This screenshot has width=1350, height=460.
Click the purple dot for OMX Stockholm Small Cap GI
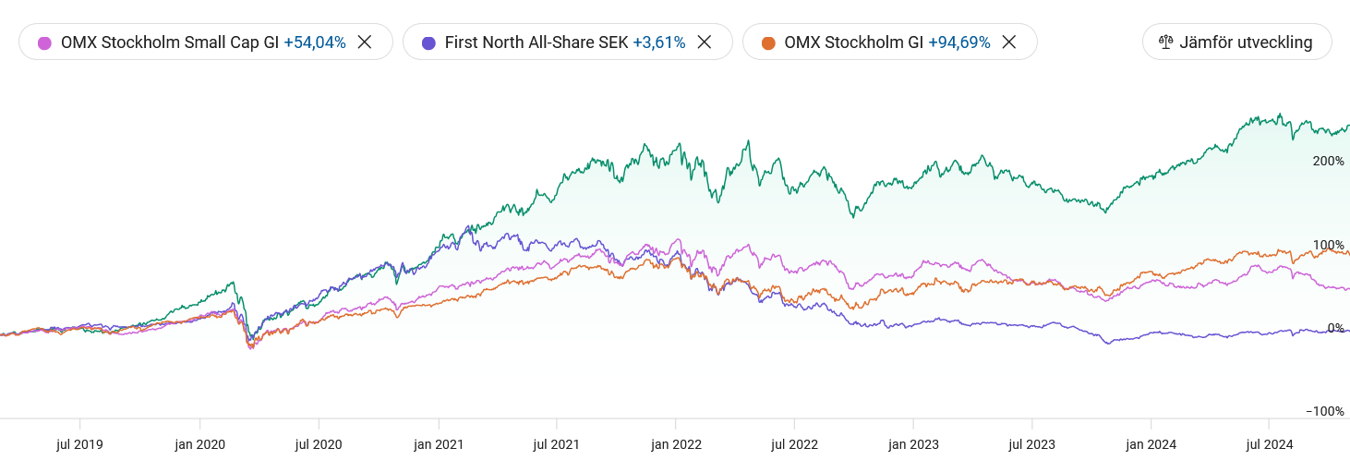coord(44,42)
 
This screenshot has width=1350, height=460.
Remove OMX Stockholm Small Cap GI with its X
coord(365,42)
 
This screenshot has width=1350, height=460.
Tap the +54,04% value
coord(315,42)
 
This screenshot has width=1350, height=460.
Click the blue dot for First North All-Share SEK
coord(428,42)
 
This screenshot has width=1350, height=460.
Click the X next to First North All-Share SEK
coord(705,42)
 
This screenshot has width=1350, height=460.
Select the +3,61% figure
coord(658,42)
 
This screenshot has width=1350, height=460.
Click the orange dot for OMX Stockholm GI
coord(768,42)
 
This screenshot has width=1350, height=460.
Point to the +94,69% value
coord(959,42)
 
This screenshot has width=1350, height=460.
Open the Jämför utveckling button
coord(1236,42)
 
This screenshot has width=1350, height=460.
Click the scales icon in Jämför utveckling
coord(1165,42)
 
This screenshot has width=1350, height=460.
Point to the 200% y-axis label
coord(1328,161)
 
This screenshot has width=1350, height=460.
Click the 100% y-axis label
coord(1328,245)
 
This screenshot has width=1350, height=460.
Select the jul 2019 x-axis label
coord(79,444)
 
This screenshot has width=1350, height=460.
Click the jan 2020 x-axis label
coord(199,444)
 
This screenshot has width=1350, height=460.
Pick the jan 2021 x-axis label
coord(437,444)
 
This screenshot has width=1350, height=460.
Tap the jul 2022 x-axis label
coord(795,444)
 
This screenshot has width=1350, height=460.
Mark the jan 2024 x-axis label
coord(1151,444)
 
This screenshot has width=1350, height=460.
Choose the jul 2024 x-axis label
coord(1270,444)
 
